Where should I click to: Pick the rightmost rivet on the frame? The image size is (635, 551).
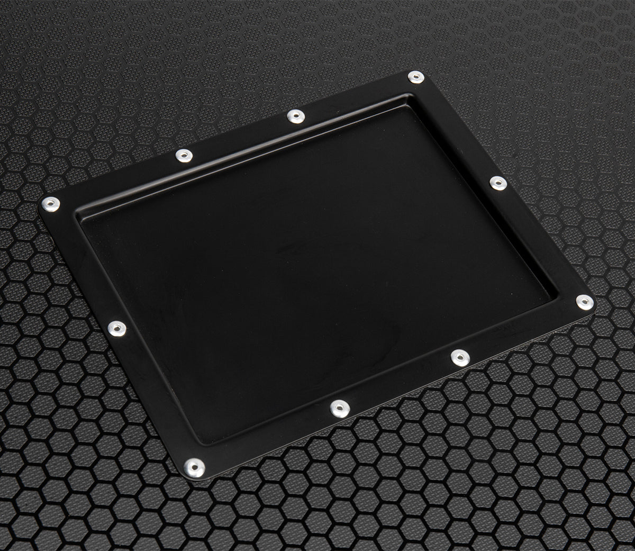click(x=584, y=302)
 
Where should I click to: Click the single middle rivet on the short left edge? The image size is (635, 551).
click(x=116, y=328)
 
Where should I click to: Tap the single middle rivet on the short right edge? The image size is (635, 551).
click(x=497, y=183)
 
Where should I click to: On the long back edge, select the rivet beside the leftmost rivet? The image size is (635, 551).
click(x=183, y=156)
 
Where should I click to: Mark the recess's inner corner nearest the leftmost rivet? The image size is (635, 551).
click(x=79, y=215)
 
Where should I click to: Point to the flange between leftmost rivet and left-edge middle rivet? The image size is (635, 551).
click(x=83, y=265)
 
